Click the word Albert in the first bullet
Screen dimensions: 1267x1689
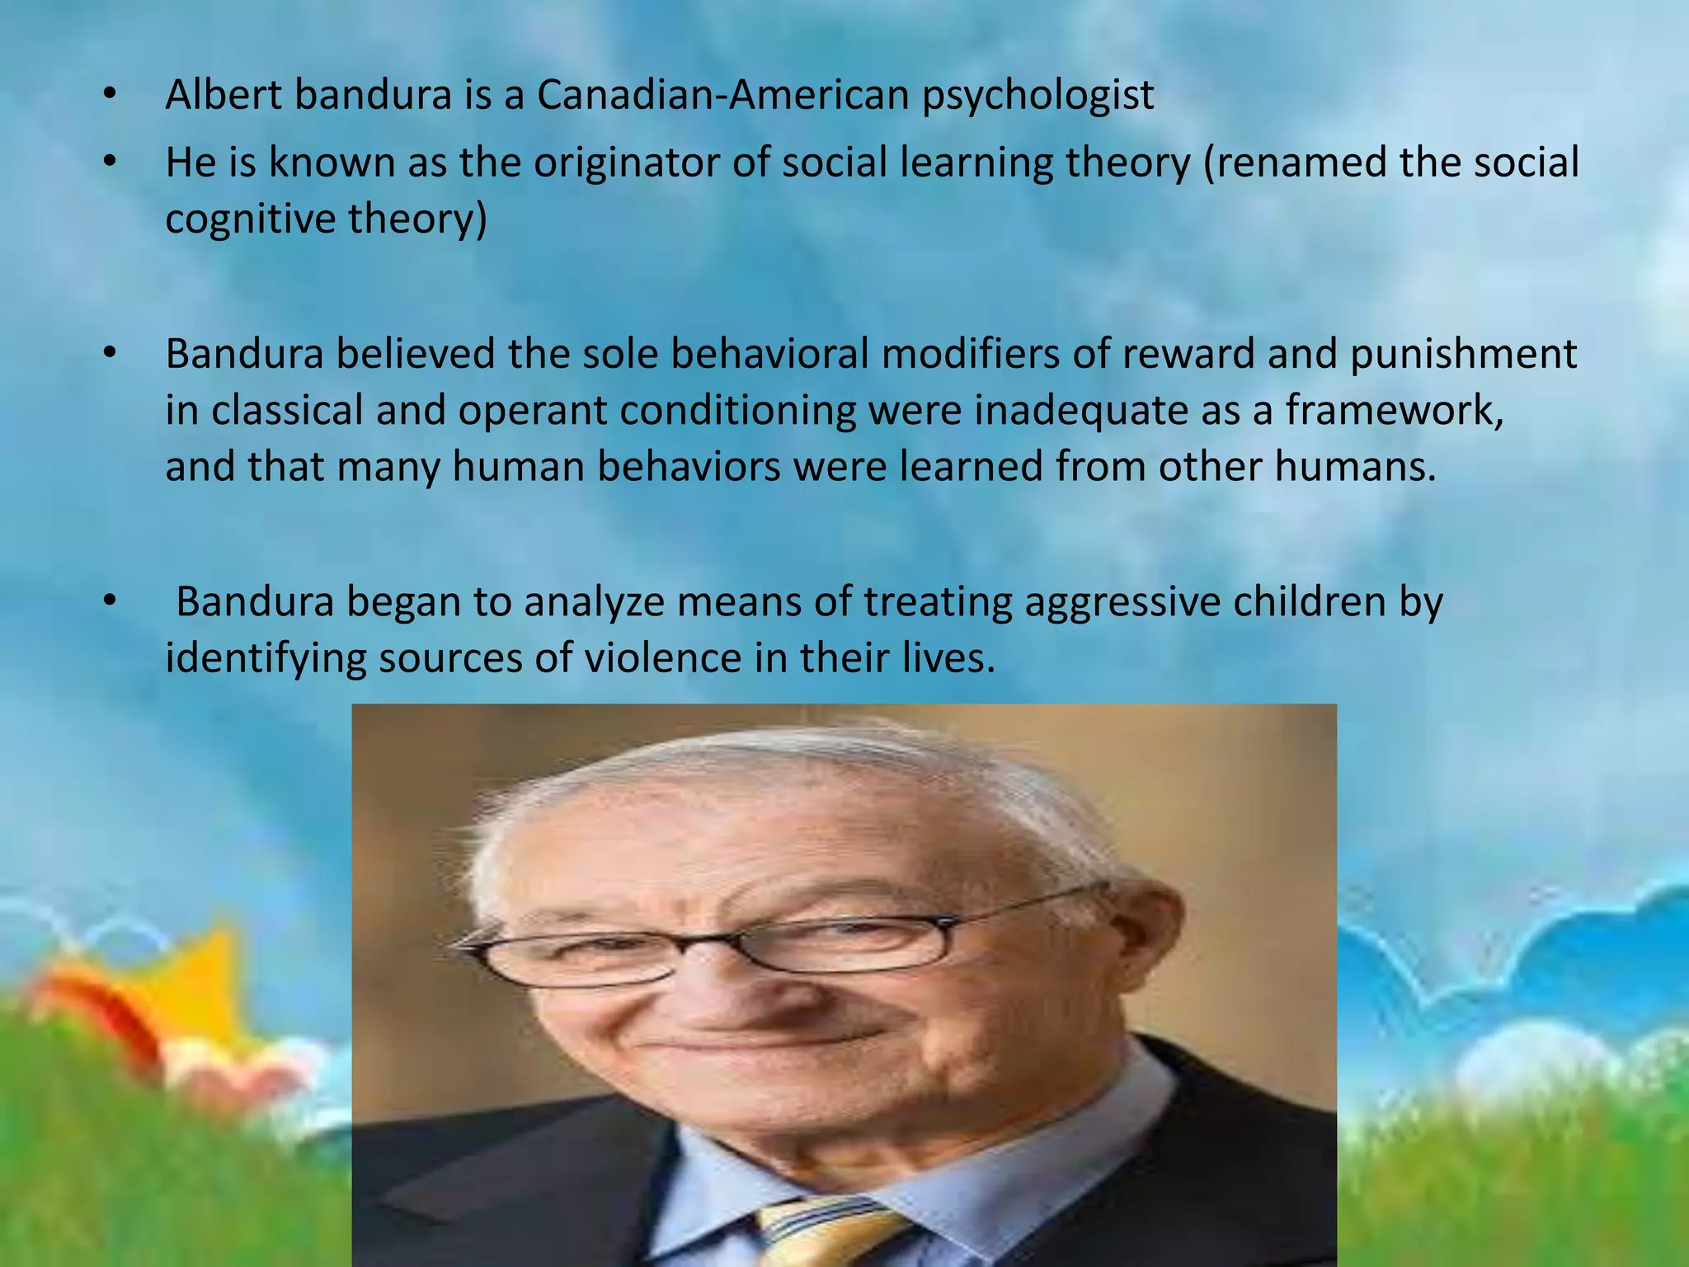click(x=223, y=94)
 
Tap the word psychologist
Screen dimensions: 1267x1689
click(x=1037, y=96)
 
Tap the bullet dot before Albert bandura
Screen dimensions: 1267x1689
click(x=110, y=95)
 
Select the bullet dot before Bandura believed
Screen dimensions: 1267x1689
click(x=110, y=355)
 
